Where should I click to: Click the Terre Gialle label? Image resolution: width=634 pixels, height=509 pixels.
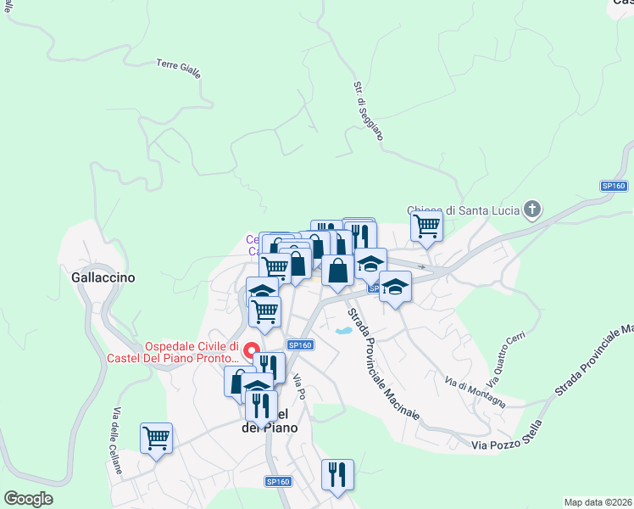pos(179,69)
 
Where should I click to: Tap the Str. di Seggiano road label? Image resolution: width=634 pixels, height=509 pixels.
pos(368,111)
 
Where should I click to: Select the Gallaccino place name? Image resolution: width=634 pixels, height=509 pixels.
pos(104,277)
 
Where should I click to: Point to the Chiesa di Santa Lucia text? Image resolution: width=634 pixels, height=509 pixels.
pos(462,210)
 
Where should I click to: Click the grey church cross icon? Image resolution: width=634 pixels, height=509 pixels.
pos(531,209)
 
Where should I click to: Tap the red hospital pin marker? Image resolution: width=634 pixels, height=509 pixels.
pos(252,350)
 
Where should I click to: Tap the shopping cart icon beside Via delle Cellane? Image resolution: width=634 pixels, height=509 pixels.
pos(157,438)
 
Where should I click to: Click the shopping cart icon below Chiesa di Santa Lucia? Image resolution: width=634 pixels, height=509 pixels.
pos(426,226)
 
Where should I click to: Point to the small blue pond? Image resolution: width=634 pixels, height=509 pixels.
pos(344,331)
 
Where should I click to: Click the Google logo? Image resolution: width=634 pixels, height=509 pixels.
pos(28,499)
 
